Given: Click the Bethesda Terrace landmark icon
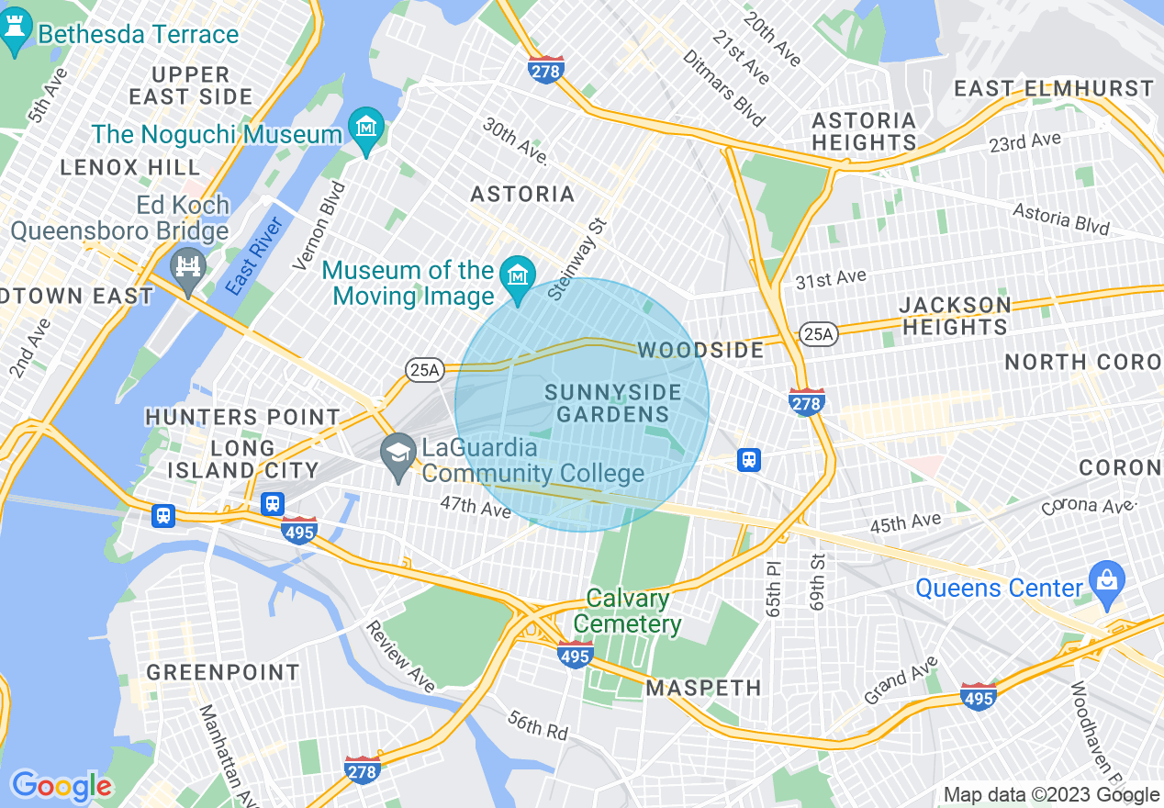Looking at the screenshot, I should tap(16, 35).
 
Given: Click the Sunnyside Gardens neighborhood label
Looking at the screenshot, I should tap(612, 403).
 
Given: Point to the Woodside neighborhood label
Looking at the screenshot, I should tap(700, 350).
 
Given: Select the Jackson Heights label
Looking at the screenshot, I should tap(955, 315).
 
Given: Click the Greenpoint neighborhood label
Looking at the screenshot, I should tap(223, 672).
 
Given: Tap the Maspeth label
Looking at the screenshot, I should tap(703, 688).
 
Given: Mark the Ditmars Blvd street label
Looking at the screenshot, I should tap(723, 88).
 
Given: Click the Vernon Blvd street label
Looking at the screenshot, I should tap(319, 226).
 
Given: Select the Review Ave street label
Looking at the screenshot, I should tap(400, 656).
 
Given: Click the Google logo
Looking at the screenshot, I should tap(61, 786).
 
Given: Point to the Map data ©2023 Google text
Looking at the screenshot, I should tap(1050, 795).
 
